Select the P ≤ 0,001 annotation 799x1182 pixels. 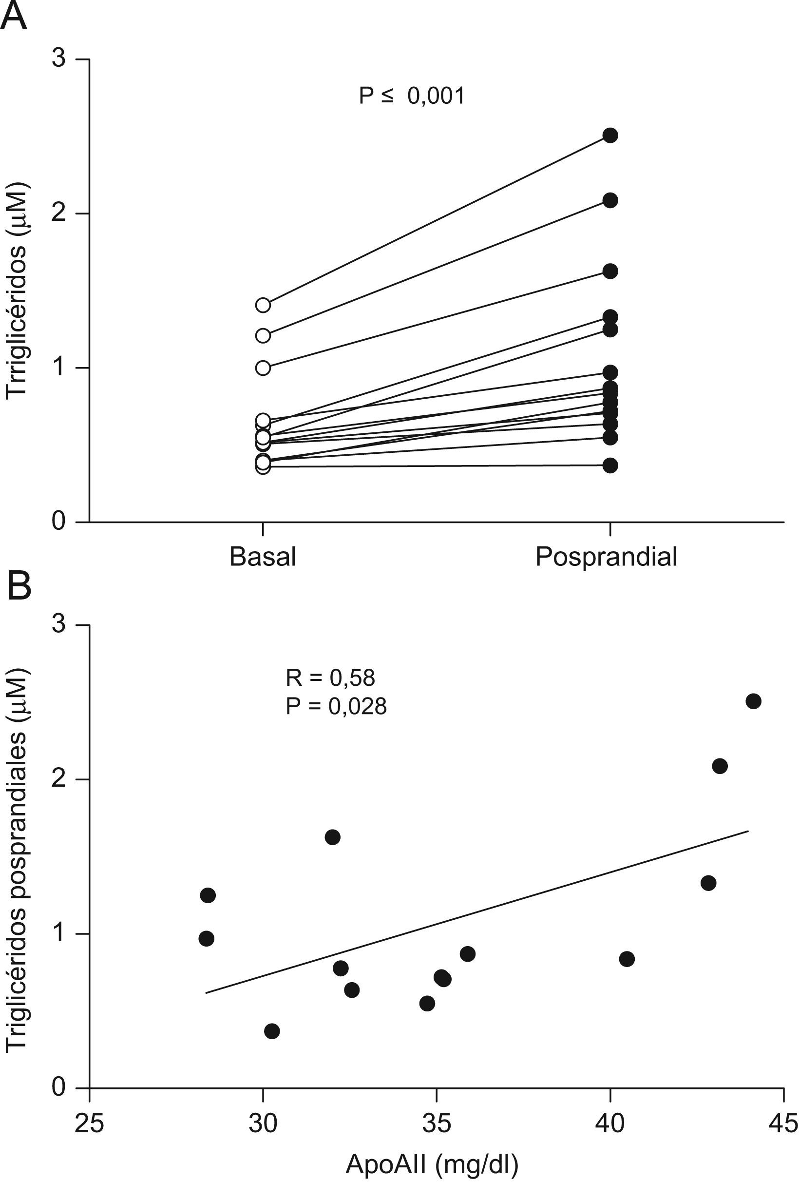click(x=411, y=96)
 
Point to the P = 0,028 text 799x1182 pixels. click(x=336, y=706)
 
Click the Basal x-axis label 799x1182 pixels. click(x=262, y=557)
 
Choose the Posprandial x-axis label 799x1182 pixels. click(x=606, y=557)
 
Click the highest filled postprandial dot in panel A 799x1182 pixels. click(x=610, y=136)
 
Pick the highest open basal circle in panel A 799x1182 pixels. click(x=263, y=305)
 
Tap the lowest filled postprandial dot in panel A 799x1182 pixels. click(x=610, y=465)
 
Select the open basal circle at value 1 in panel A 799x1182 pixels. click(x=263, y=368)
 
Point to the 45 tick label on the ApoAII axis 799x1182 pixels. click(x=783, y=1123)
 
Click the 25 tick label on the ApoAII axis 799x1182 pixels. click(x=90, y=1123)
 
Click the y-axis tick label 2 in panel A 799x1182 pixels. click(x=59, y=213)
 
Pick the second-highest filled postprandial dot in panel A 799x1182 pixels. click(x=610, y=200)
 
